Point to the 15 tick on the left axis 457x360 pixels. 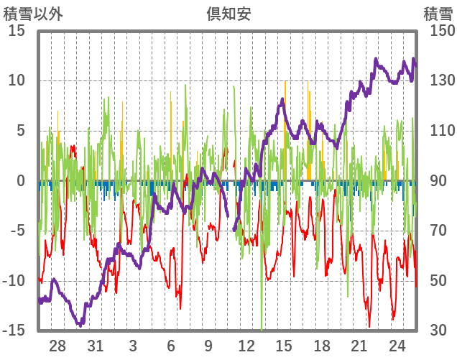pyautogui.click(x=17, y=31)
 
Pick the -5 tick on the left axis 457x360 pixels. pyautogui.click(x=17, y=231)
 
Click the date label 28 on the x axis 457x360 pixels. pyautogui.click(x=58, y=344)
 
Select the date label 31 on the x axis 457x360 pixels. pyautogui.click(x=96, y=344)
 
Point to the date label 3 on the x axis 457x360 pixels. pyautogui.click(x=133, y=344)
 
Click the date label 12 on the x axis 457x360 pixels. pyautogui.click(x=246, y=344)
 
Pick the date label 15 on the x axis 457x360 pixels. pyautogui.click(x=284, y=344)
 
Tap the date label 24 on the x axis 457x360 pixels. pyautogui.click(x=397, y=344)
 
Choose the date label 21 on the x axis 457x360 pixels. pyautogui.click(x=359, y=344)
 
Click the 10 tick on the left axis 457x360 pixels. pyautogui.click(x=17, y=80)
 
